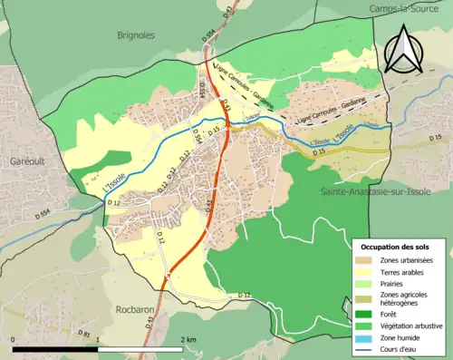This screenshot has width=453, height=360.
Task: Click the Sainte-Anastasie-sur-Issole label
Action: tap(371, 192)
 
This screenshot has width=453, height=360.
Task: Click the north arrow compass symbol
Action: tap(402, 49)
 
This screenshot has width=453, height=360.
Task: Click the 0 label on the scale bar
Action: tap(14, 339)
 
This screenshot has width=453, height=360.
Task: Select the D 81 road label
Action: tap(83, 334)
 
